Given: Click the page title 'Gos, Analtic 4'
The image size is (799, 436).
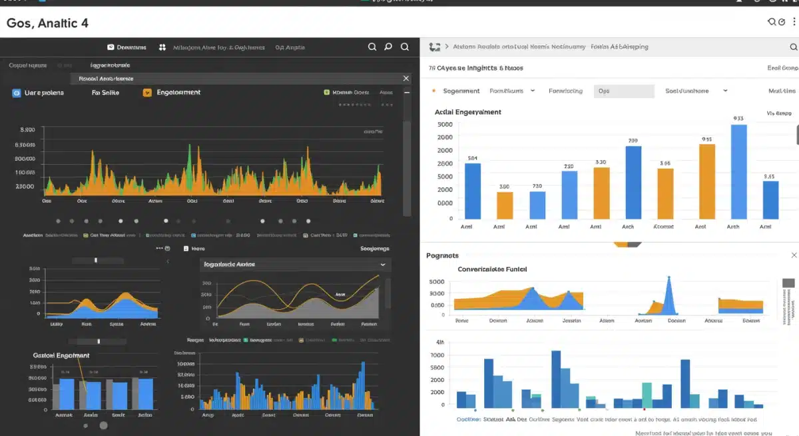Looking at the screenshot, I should pos(47,23).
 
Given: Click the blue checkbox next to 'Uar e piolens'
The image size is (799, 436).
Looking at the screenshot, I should pos(17,93).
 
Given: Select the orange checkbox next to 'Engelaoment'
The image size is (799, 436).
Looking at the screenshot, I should pos(147,93).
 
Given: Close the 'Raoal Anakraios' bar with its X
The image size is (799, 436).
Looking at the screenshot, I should pos(406,79).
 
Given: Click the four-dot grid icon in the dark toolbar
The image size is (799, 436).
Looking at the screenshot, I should pos(162,47).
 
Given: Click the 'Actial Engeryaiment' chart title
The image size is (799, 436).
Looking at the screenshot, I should pos(467,112).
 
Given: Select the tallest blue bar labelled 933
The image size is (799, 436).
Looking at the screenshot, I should pos(738,171).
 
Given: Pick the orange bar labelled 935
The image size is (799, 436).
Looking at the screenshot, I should pos(706,181).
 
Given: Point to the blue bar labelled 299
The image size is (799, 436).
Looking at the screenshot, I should pos(633,182).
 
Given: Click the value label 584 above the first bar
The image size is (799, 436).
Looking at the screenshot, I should pos(473,158).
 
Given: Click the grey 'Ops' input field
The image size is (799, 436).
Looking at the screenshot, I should pos(623,91).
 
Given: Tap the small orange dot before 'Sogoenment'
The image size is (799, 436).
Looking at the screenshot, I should pos(433,91).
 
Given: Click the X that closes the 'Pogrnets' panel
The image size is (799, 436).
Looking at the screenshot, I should pos(794,255).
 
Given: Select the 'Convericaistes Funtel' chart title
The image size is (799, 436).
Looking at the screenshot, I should pos(492,269).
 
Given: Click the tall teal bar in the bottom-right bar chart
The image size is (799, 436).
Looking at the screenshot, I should pos(647,394).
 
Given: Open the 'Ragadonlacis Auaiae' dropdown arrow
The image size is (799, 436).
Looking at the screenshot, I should pos(383,265).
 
